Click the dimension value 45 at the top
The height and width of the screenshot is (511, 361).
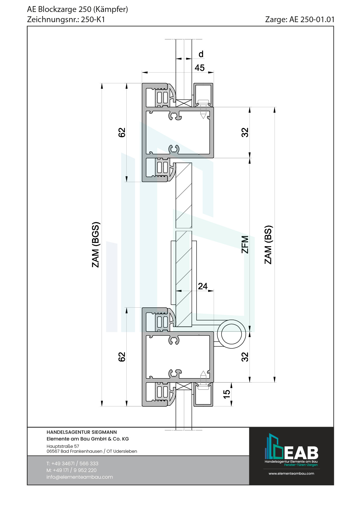coord(200,68)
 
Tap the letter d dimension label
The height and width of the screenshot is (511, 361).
coord(201,54)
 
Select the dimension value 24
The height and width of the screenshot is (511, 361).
coord(203,286)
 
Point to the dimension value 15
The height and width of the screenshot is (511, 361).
coord(226,394)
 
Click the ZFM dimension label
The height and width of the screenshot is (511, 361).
coord(245,245)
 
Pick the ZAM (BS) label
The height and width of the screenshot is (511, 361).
coord(268,245)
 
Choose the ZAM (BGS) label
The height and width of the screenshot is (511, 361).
coord(95,245)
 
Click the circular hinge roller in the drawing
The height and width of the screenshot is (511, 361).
coord(231,334)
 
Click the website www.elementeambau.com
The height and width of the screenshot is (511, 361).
coord(291,473)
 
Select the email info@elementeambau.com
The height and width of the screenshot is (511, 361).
coord(79,477)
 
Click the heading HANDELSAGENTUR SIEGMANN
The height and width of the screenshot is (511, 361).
coord(82,432)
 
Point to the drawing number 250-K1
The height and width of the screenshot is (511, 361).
coord(93,20)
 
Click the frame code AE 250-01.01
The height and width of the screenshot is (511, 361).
coord(312,20)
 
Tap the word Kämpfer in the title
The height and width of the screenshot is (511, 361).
coord(111,9)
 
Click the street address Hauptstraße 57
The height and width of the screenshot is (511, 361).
coord(63,446)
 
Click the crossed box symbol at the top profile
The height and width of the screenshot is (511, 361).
coord(184,103)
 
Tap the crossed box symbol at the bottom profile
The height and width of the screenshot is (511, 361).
coord(184,386)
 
